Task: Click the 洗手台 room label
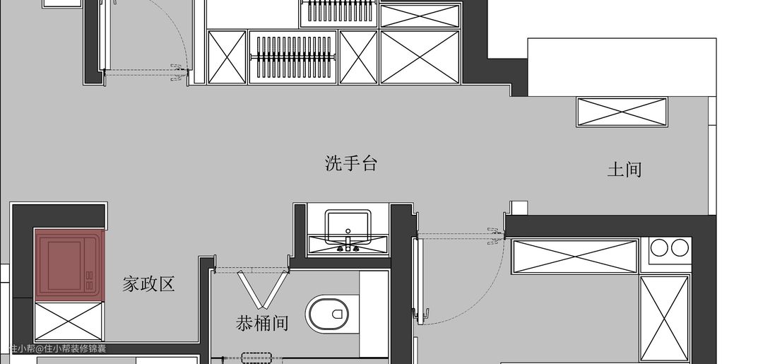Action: coord(351,164)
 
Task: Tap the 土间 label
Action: coord(625,170)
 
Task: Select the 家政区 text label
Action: coord(148,284)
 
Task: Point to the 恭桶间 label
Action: coord(262,323)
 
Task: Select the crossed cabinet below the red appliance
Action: coord(69,322)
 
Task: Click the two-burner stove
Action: coord(670,248)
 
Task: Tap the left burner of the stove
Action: coord(660,247)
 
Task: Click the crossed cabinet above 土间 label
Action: coord(622,112)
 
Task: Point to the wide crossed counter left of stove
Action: coord(575,256)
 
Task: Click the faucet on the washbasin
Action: coord(348,245)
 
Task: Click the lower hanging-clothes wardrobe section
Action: coord(293,57)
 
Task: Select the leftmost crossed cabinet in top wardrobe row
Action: coord(227,57)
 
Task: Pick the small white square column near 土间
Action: coord(519,208)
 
